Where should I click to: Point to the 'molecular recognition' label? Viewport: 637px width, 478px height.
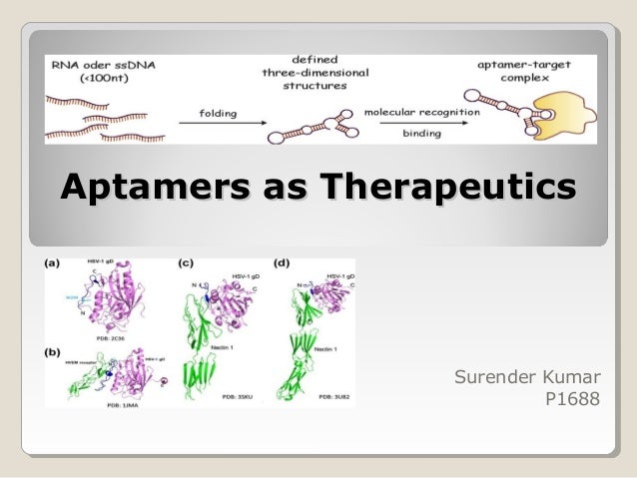click(420, 112)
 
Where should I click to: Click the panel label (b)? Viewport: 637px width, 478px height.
click(55, 350)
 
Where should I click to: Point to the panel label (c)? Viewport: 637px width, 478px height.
click(186, 263)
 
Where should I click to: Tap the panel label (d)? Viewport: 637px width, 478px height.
click(283, 263)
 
